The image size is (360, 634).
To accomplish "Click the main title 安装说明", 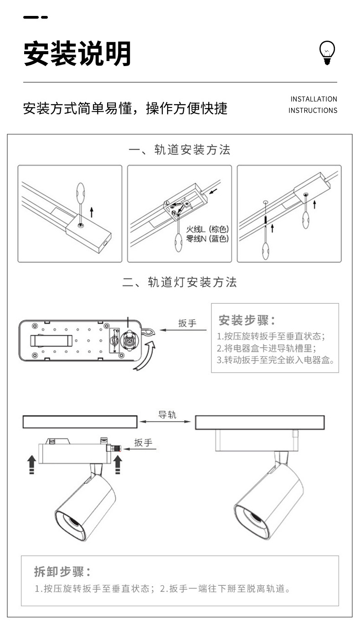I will click(x=77, y=54).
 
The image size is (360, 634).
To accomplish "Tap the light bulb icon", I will click(x=327, y=52).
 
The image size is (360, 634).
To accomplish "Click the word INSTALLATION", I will click(x=314, y=99).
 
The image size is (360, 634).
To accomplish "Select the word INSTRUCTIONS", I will click(x=313, y=110).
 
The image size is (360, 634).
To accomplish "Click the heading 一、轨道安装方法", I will click(x=180, y=150).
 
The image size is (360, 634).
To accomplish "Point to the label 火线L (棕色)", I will click(x=207, y=229).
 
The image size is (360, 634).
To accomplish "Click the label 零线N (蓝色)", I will click(x=207, y=239).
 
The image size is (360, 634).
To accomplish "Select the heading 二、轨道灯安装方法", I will click(x=180, y=282).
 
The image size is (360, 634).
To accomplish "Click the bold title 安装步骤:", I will click(x=247, y=320).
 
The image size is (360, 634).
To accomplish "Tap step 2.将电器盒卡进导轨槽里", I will click(x=267, y=348).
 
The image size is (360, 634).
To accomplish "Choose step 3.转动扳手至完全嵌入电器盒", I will click(x=276, y=360).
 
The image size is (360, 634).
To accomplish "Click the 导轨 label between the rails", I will click(x=167, y=415).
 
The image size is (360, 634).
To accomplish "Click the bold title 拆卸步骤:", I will click(x=62, y=572).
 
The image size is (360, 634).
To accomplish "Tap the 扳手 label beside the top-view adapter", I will click(x=187, y=323).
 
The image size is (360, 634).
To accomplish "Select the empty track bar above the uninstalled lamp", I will click(x=80, y=422).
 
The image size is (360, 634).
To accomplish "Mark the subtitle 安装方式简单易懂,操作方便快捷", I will click(x=125, y=108).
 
